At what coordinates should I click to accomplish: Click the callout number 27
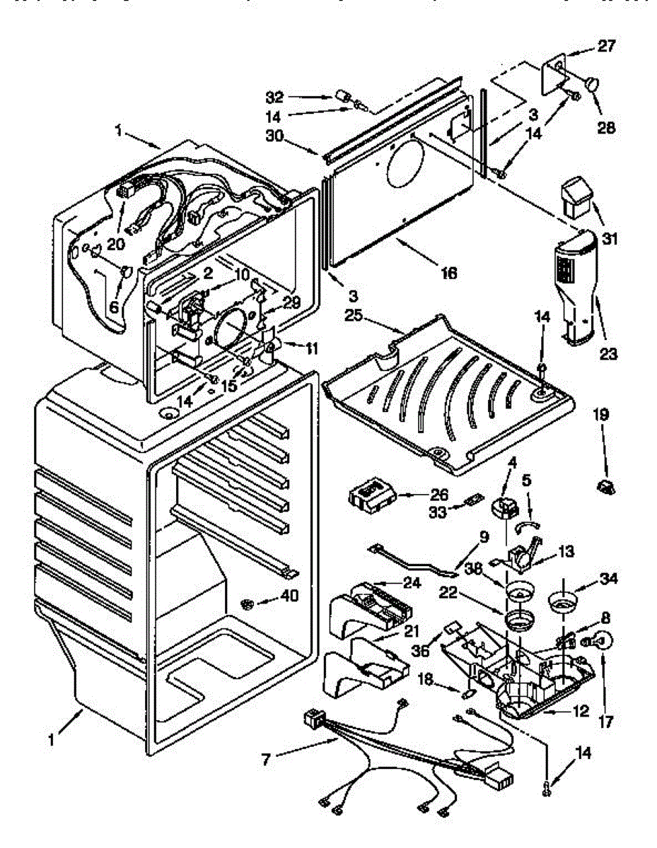[607, 47]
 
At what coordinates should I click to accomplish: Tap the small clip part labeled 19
[606, 485]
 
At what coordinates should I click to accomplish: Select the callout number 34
[609, 579]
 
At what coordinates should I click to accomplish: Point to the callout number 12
[580, 712]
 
